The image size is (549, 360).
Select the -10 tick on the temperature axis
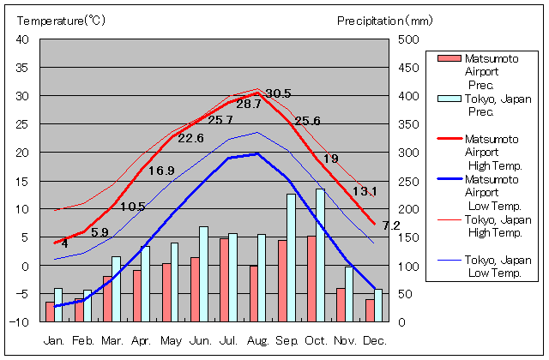click(x=19, y=322)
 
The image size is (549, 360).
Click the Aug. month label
click(x=257, y=340)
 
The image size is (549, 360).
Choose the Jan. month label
click(x=54, y=340)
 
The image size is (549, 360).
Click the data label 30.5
click(x=278, y=93)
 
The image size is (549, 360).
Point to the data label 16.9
click(x=161, y=171)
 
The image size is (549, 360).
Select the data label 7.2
click(x=391, y=225)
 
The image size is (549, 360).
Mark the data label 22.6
click(x=190, y=138)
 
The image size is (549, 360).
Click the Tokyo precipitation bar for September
click(x=292, y=257)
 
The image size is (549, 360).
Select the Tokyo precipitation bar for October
click(x=321, y=255)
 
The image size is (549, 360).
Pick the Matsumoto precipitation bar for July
click(x=224, y=279)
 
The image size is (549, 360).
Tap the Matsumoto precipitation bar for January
click(x=50, y=311)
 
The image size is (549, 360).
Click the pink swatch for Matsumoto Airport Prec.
click(x=449, y=58)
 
